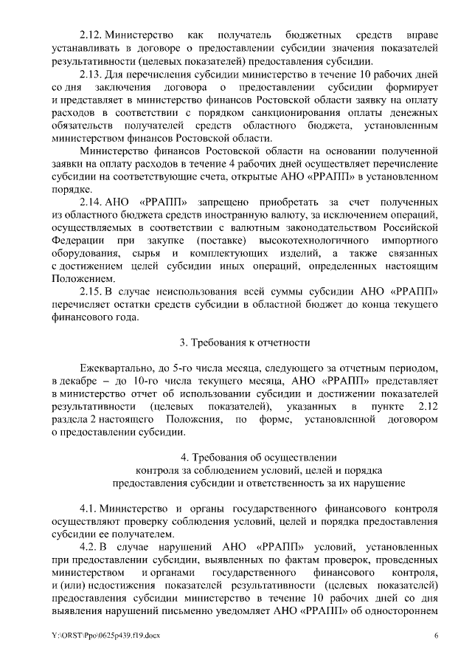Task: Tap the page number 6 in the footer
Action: click(x=436, y=636)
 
